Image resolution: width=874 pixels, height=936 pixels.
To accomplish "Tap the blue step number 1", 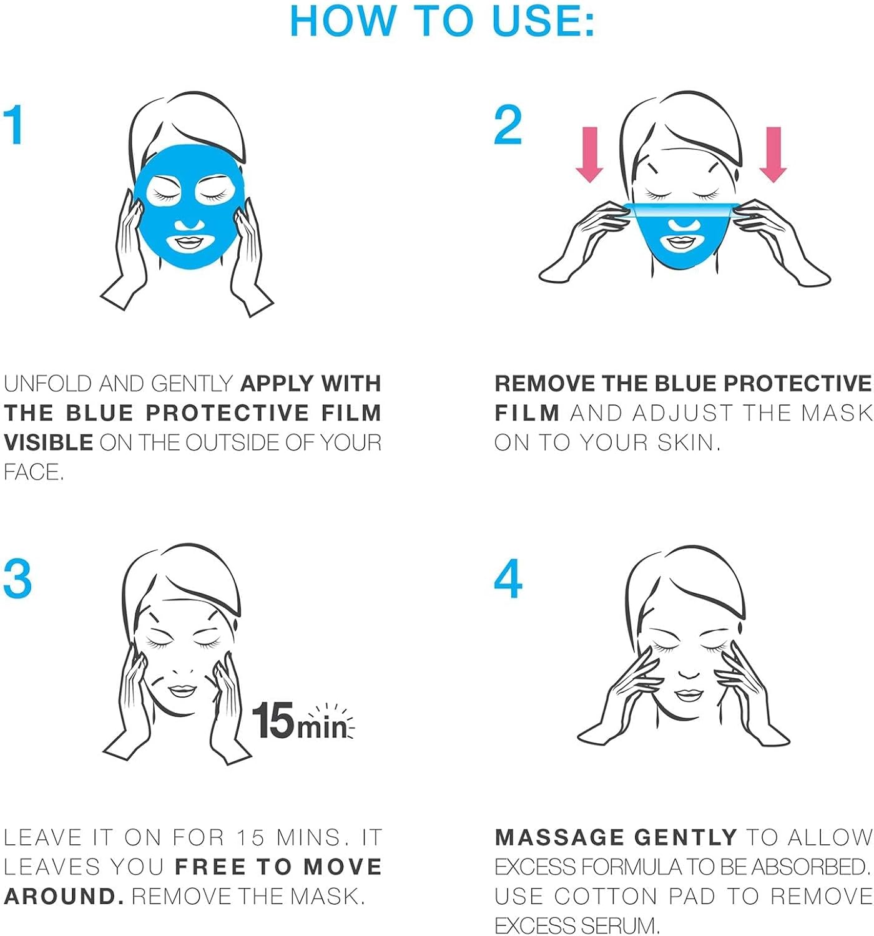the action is [x=14, y=124].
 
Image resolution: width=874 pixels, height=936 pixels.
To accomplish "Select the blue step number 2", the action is [x=508, y=124].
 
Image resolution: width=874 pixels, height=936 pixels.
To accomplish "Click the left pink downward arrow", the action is [x=589, y=155].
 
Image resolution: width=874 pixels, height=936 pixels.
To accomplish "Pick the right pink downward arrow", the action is [x=773, y=155].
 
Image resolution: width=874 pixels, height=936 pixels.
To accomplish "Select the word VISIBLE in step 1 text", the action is [x=49, y=442].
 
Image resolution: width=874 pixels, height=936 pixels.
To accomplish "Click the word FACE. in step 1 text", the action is [x=33, y=472].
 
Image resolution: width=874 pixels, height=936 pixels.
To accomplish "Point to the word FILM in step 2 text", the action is [x=527, y=413].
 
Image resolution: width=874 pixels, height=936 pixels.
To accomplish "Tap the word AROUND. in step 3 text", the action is [x=65, y=896].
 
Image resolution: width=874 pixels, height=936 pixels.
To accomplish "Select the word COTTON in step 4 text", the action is [x=606, y=896].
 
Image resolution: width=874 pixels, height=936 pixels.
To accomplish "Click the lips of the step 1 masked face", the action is [x=190, y=243].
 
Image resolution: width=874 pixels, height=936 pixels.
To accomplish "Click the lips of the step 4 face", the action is [x=689, y=695].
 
